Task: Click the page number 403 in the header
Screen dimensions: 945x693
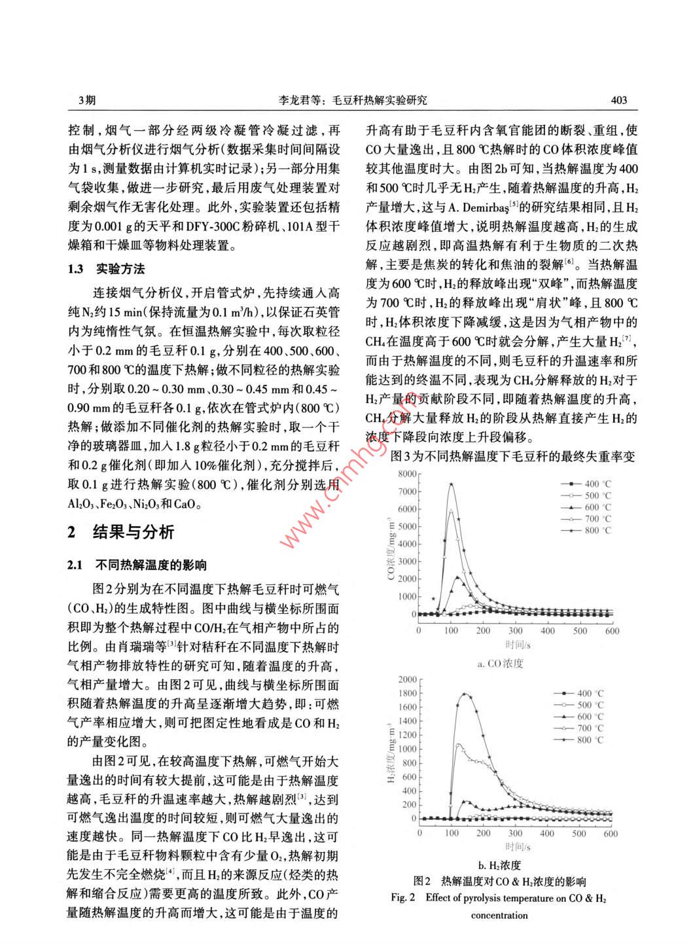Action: point(618,100)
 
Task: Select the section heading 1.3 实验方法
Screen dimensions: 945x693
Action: point(106,269)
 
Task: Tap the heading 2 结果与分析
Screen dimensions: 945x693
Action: point(121,531)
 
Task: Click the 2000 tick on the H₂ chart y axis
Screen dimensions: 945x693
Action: point(407,680)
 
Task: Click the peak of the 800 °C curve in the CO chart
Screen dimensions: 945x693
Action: point(451,484)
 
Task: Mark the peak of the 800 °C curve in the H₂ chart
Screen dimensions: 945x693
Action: point(466,694)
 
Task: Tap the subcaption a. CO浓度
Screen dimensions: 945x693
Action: point(500,664)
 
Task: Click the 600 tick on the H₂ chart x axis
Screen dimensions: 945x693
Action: point(611,834)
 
